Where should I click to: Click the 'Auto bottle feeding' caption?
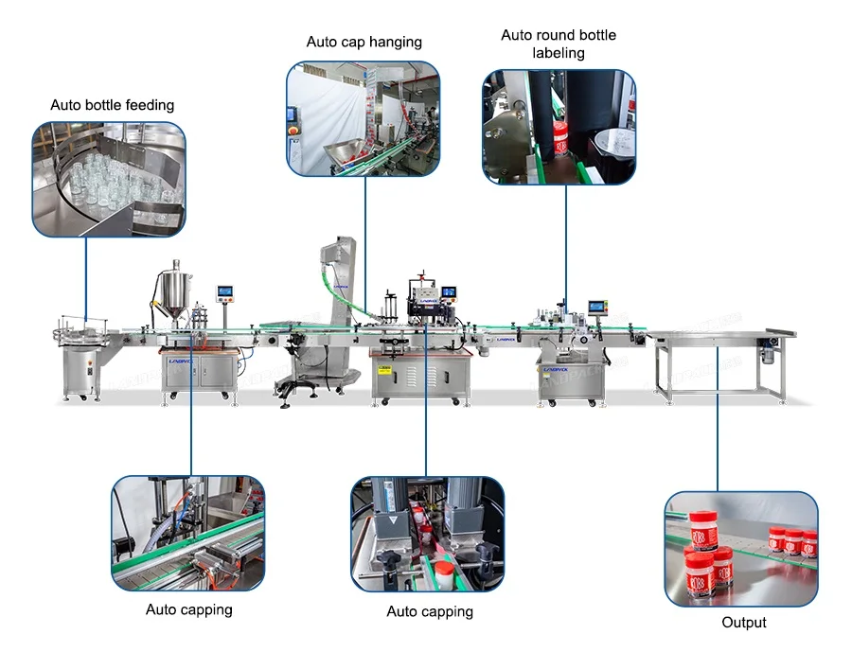[x=113, y=105]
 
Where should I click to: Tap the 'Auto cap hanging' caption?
[x=364, y=43]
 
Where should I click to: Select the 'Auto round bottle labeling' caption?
[x=559, y=44]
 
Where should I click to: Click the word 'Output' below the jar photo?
[x=743, y=623]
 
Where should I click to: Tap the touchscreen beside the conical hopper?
[x=225, y=291]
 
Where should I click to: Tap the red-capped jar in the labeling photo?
[x=559, y=138]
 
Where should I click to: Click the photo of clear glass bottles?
[x=109, y=179]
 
